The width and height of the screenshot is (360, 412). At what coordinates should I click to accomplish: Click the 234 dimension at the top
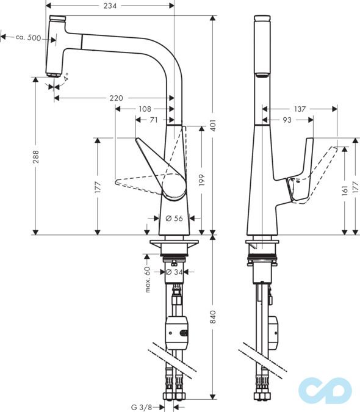tap(110, 6)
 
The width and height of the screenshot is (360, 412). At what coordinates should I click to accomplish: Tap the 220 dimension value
tap(117, 98)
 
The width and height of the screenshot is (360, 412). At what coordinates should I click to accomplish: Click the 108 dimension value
tap(145, 109)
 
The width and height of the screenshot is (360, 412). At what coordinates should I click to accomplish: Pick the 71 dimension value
tap(154, 120)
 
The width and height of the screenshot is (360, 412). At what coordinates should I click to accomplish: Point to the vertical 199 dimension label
tap(201, 180)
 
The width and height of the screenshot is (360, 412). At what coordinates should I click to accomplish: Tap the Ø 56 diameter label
tap(174, 219)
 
